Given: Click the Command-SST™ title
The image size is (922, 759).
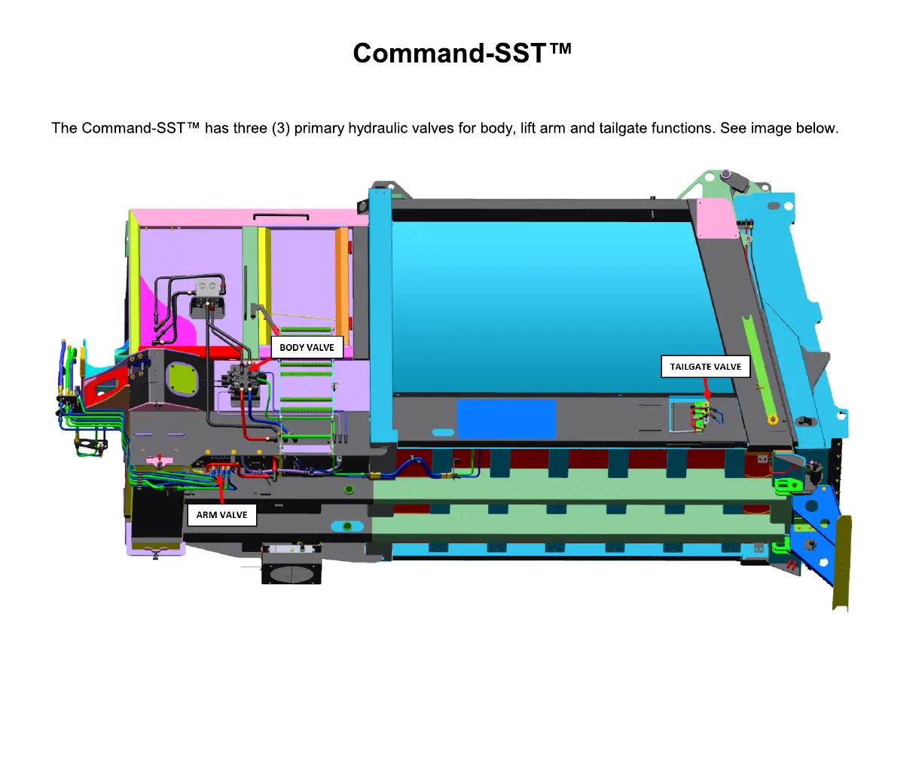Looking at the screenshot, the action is pyautogui.click(x=462, y=53).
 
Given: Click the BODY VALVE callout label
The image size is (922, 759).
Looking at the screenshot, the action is pyautogui.click(x=307, y=347).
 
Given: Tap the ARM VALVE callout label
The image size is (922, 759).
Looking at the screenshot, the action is pyautogui.click(x=221, y=515).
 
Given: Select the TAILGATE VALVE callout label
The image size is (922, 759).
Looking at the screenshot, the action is pyautogui.click(x=705, y=367).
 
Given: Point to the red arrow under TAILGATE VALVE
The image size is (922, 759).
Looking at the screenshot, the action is pyautogui.click(x=707, y=389).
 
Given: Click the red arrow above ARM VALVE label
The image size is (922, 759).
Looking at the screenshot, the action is pyautogui.click(x=221, y=489).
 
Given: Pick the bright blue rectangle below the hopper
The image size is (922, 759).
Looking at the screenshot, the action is pyautogui.click(x=506, y=419).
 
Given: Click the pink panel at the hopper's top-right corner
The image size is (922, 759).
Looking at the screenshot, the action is pyautogui.click(x=715, y=218).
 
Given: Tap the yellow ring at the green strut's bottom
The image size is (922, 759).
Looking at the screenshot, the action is pyautogui.click(x=773, y=419).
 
